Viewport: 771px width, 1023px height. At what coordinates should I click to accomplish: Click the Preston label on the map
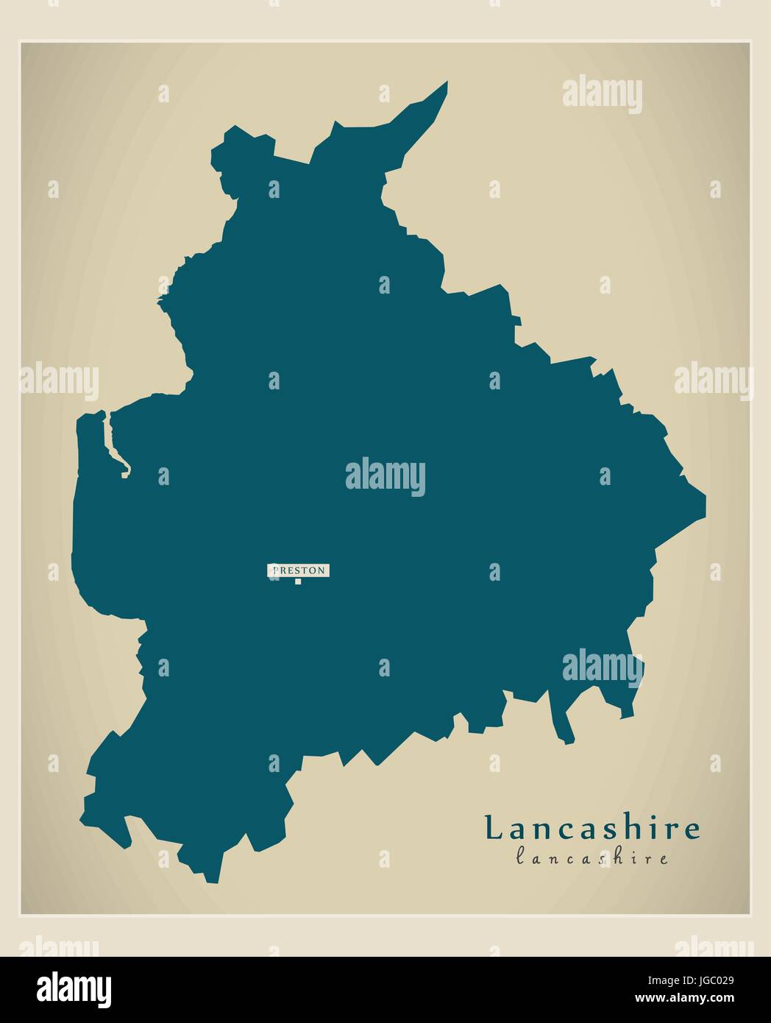299,570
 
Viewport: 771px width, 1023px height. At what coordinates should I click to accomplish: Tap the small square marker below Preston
298,582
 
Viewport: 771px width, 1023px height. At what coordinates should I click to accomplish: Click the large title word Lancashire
592,829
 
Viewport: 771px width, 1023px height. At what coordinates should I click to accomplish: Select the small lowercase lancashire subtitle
592,858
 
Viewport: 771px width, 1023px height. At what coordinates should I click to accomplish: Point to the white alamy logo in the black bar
75,987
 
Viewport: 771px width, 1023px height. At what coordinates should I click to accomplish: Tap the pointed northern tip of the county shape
445,83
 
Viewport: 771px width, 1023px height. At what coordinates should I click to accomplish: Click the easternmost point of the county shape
704,506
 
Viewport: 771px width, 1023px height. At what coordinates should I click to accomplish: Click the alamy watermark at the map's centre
385,476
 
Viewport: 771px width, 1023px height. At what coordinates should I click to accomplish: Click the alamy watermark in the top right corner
602,96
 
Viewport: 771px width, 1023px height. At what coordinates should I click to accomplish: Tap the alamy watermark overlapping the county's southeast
602,668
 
